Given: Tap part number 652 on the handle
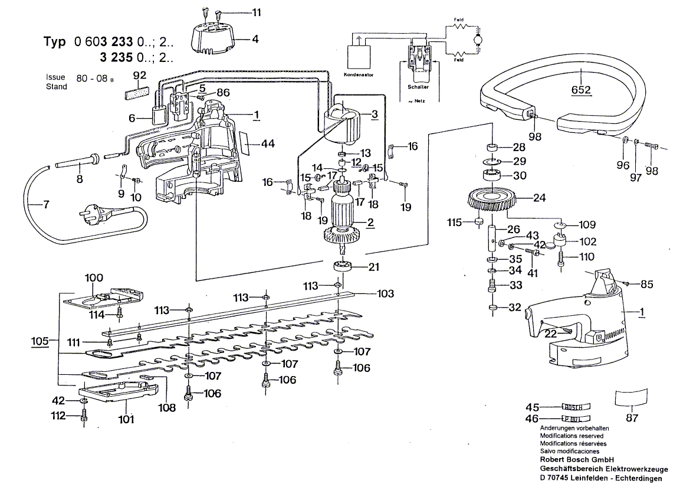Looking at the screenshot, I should pos(581,90).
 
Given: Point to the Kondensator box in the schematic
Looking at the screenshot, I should pos(358,57).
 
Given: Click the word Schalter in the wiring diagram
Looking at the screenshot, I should pos(418,86).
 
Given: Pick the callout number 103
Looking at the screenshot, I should pos(386,293).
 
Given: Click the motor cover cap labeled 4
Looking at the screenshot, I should pos(211,39).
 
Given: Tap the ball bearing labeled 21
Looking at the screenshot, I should pos(344,267).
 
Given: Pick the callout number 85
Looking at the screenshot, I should pos(647,285).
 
